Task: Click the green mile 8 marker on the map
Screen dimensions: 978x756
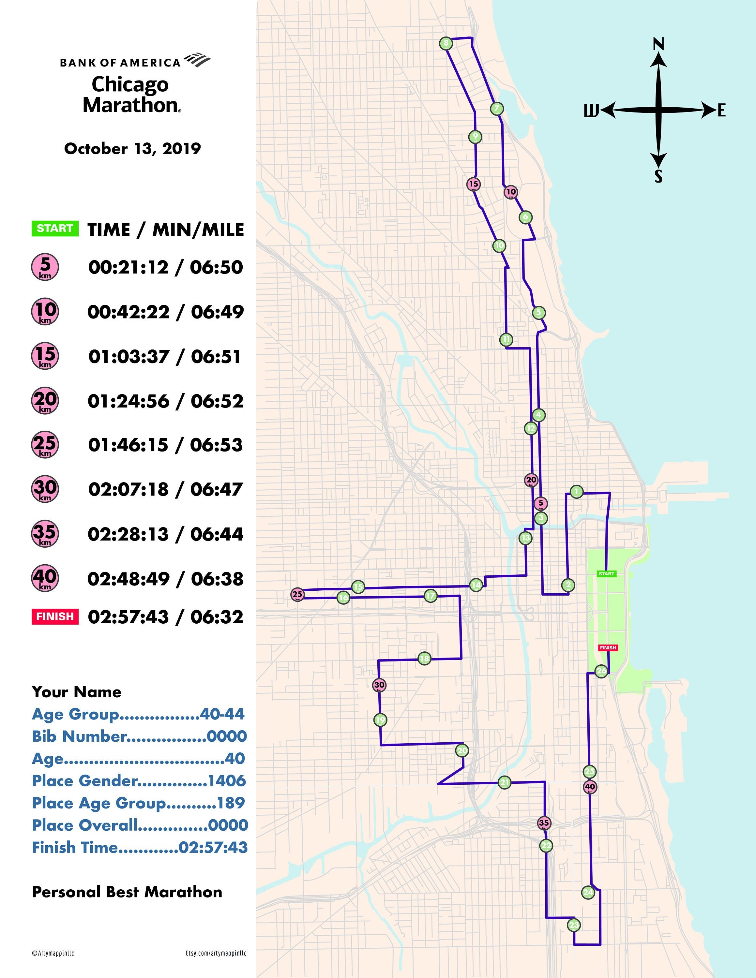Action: [x=446, y=43]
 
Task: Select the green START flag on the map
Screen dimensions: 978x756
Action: [x=606, y=574]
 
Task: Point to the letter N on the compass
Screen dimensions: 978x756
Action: [x=658, y=44]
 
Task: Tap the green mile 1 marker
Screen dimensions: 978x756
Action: [x=576, y=492]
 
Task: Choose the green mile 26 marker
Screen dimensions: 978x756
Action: [x=601, y=671]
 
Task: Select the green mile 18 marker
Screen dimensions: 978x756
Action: [x=424, y=658]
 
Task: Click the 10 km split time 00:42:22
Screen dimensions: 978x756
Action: [x=129, y=312]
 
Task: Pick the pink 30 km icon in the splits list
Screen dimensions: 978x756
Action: [x=45, y=489]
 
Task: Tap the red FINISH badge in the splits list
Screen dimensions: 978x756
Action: [x=55, y=616]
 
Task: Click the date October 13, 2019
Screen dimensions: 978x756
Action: [x=132, y=149]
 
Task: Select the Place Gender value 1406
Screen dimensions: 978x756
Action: [x=227, y=780]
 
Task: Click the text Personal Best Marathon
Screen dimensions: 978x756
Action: [x=127, y=892]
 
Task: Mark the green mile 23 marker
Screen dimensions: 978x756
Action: [x=574, y=925]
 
